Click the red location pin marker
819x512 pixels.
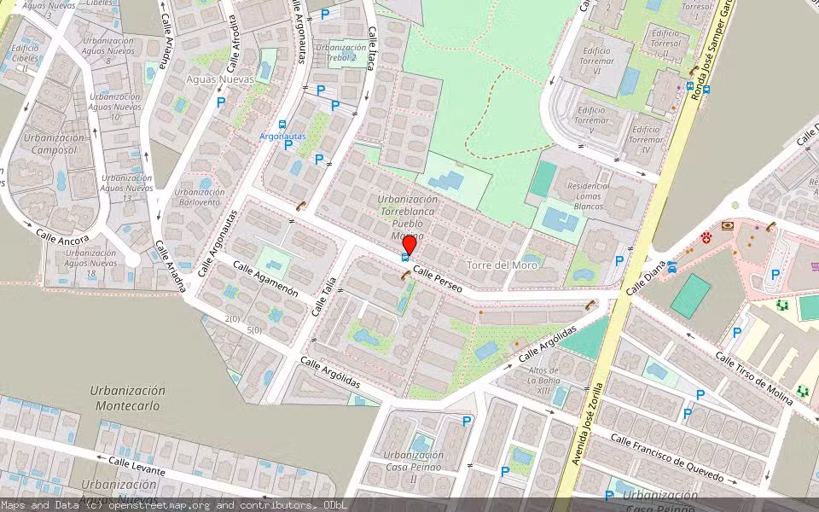(x=409, y=246)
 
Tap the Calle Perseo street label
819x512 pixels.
(x=437, y=278)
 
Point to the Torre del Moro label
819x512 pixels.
(x=502, y=265)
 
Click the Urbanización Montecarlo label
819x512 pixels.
(x=128, y=398)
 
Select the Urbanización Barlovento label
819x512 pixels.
(x=200, y=198)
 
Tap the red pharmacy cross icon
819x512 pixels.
(x=706, y=236)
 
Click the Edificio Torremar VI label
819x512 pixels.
(x=595, y=56)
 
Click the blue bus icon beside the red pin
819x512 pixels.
(x=404, y=258)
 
